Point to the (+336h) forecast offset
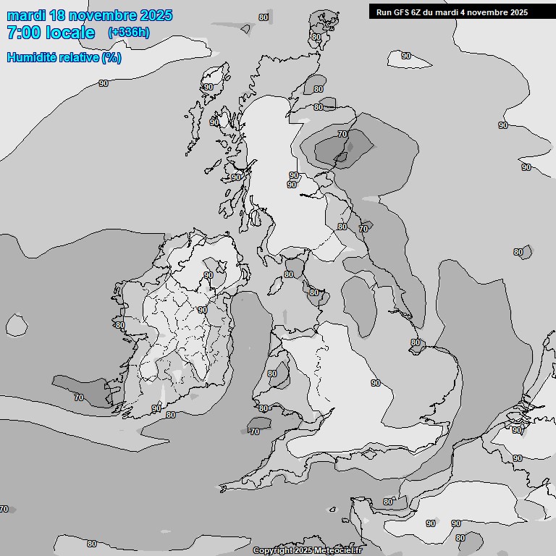pyautogui.click(x=129, y=33)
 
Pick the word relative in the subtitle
pyautogui.click(x=80, y=58)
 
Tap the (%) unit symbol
pyautogui.click(x=111, y=58)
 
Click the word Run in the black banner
pyautogui.click(x=384, y=12)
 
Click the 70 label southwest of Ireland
pyautogui.click(x=79, y=397)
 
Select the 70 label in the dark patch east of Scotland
pyautogui.click(x=342, y=134)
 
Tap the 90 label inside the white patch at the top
pyautogui.click(x=406, y=56)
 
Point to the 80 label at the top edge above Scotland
pyautogui.click(x=263, y=17)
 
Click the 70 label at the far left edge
pyautogui.click(x=4, y=509)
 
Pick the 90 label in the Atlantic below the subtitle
pyautogui.click(x=104, y=83)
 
